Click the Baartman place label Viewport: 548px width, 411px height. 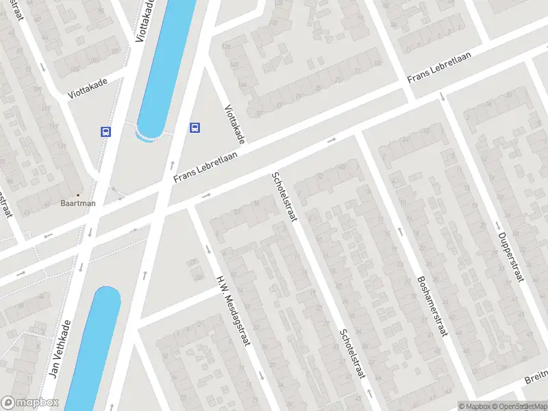(x=77, y=203)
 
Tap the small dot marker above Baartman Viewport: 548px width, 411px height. (x=77, y=195)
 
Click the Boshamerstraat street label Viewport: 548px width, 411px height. (x=431, y=306)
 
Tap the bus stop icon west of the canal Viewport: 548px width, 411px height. (x=105, y=131)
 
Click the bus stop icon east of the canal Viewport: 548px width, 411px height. (x=195, y=127)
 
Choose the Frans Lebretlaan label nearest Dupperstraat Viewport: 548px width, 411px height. (x=438, y=69)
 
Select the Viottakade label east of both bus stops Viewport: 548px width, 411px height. (x=234, y=124)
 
